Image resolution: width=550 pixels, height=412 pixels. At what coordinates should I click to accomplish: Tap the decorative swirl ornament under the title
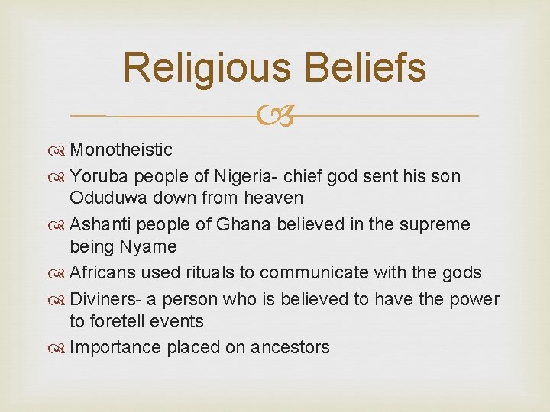coord(275,117)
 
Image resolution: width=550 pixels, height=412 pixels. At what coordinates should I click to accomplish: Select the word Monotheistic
coord(121,150)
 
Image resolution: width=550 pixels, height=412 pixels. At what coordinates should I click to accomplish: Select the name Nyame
coord(153,247)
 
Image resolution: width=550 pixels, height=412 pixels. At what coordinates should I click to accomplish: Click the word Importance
coord(112,348)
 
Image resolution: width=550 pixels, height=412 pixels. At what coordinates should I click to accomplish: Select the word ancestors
coord(295,348)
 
